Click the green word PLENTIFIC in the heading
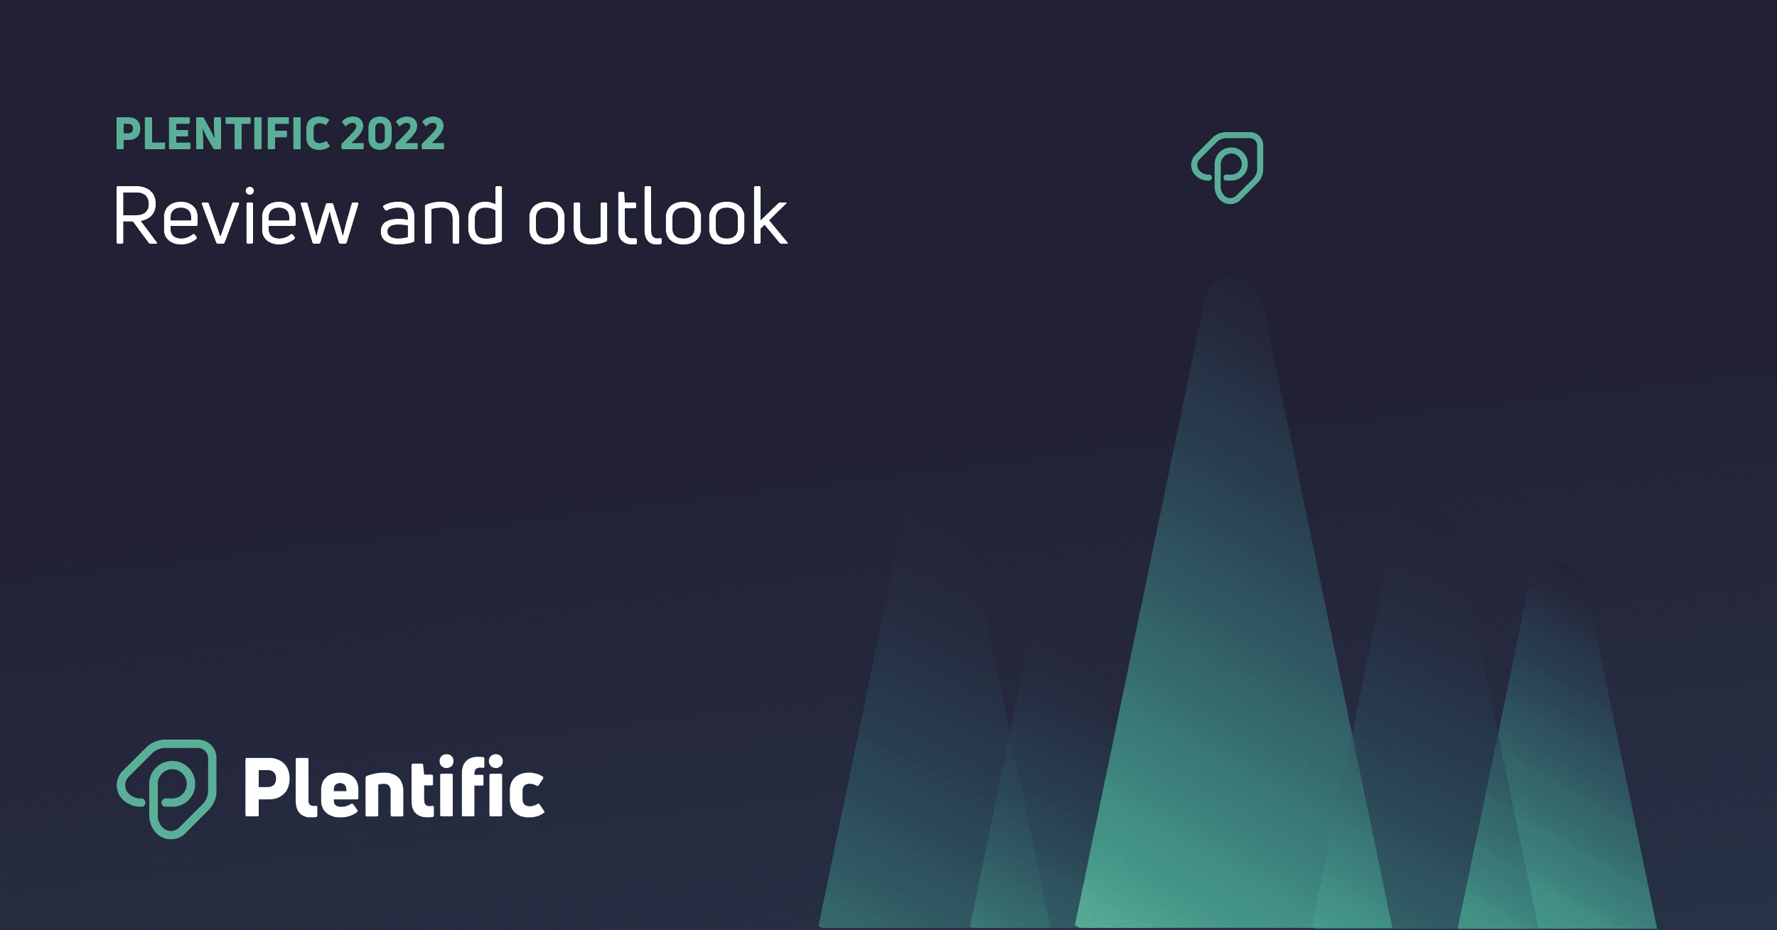(x=222, y=134)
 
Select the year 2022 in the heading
(x=393, y=134)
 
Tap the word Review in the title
(x=235, y=216)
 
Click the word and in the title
(x=441, y=216)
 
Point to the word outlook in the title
(x=657, y=216)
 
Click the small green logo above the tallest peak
(x=1228, y=168)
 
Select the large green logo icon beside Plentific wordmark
(x=166, y=789)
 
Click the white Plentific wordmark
(x=394, y=786)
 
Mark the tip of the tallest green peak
(x=1233, y=279)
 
